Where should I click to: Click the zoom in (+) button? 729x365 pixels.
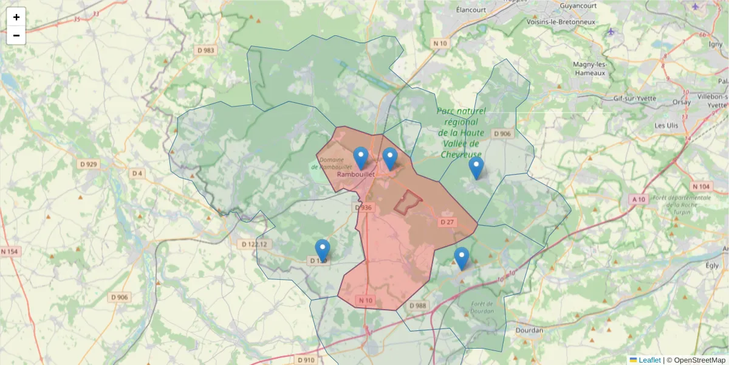point(16,17)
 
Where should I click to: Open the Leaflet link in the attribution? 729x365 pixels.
point(649,360)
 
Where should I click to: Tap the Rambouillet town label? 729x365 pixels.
point(355,174)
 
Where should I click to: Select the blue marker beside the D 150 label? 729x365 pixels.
point(323,250)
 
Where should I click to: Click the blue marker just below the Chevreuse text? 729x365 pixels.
point(476,167)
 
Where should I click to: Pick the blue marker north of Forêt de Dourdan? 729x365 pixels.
point(462,258)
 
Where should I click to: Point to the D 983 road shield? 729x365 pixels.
point(205,50)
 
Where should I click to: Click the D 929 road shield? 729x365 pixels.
point(89,164)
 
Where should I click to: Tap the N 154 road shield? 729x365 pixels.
point(10,251)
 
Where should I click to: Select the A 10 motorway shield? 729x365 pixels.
point(638,199)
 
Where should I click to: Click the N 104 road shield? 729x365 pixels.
point(701,186)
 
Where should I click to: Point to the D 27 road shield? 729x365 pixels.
point(447,222)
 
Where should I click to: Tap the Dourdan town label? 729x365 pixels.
point(529,330)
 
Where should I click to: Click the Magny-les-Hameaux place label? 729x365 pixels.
point(590,69)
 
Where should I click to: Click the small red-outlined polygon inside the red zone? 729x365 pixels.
point(408,202)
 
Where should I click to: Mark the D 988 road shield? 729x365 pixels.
point(419,305)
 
